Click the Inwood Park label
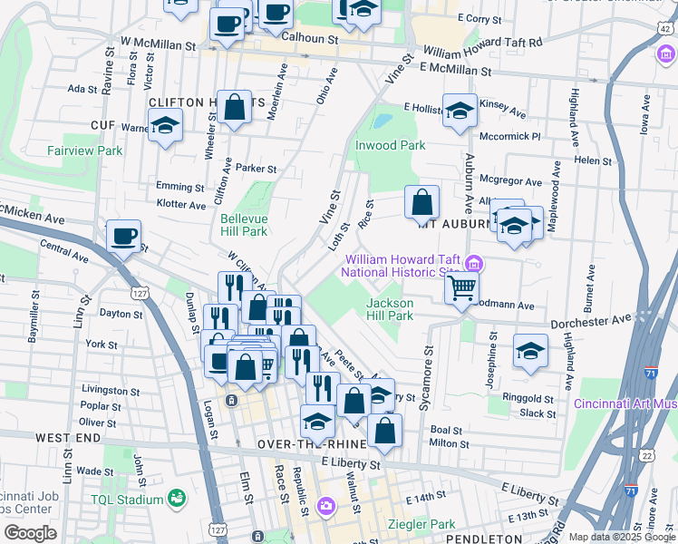click(x=390, y=145)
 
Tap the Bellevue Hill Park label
click(x=243, y=225)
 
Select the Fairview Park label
click(x=86, y=151)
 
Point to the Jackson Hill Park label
click(x=390, y=309)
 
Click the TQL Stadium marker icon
click(x=176, y=498)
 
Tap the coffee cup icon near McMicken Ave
click(x=123, y=237)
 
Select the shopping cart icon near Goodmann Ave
click(x=462, y=289)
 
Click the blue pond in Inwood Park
click(x=383, y=120)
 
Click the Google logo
click(x=30, y=533)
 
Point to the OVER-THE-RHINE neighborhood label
click(x=311, y=444)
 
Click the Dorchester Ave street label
click(x=594, y=320)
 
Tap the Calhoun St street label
click(x=309, y=39)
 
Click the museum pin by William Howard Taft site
click(x=471, y=264)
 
